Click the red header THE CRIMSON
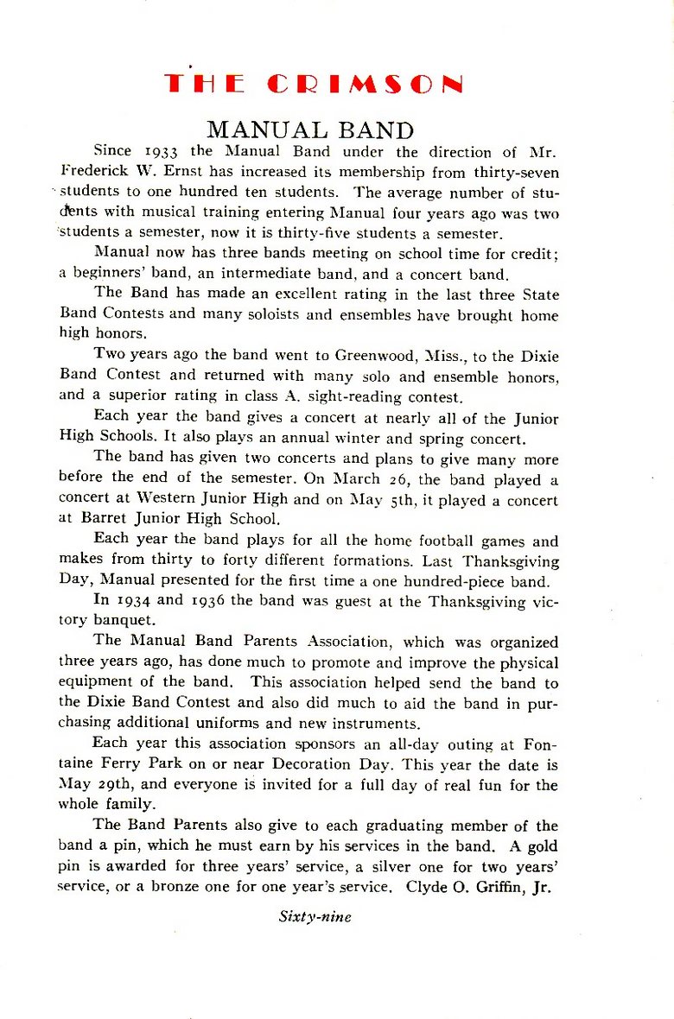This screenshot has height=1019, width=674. coord(314,84)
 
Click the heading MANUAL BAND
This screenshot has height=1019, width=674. coord(310,130)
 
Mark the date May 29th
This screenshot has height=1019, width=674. coord(86,786)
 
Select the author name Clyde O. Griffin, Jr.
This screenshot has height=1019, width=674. coord(478,888)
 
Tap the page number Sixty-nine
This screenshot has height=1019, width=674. coord(315,917)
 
